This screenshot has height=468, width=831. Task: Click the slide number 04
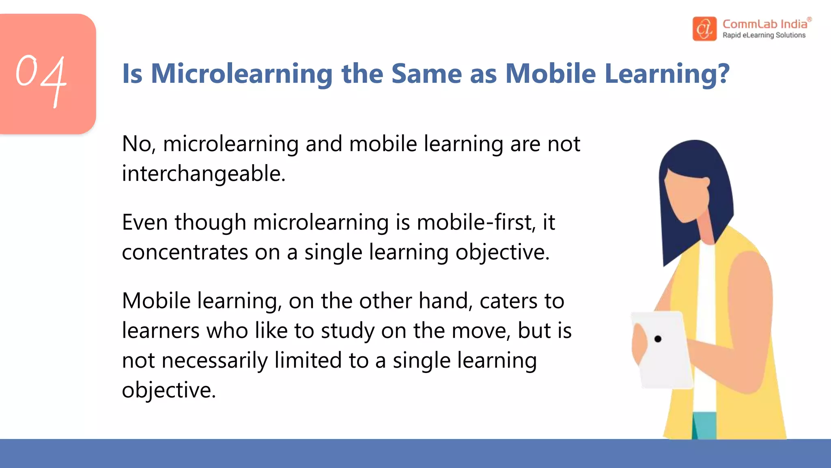click(x=41, y=77)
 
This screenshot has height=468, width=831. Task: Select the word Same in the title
click(x=426, y=74)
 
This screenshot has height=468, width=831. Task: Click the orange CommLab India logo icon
click(x=704, y=28)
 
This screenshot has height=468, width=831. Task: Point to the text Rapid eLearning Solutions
click(x=764, y=35)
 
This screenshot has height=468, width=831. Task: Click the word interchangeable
click(x=204, y=174)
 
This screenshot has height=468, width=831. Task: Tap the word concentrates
click(x=185, y=253)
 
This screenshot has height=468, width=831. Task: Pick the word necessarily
click(x=215, y=361)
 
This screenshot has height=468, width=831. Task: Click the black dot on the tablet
click(x=658, y=339)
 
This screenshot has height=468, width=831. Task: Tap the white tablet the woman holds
click(x=665, y=357)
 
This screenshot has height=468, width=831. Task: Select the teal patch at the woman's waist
click(x=704, y=425)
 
